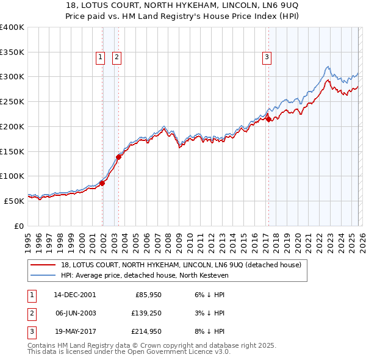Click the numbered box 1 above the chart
[x=100, y=58]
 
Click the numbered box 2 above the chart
[x=116, y=58]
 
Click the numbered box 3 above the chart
[x=267, y=58]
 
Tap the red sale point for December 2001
[x=102, y=182]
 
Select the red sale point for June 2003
[x=118, y=157]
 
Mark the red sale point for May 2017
[x=268, y=120]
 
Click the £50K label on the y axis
[x=13, y=200]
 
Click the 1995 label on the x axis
[x=27, y=238]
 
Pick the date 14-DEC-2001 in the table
[x=74, y=295]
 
